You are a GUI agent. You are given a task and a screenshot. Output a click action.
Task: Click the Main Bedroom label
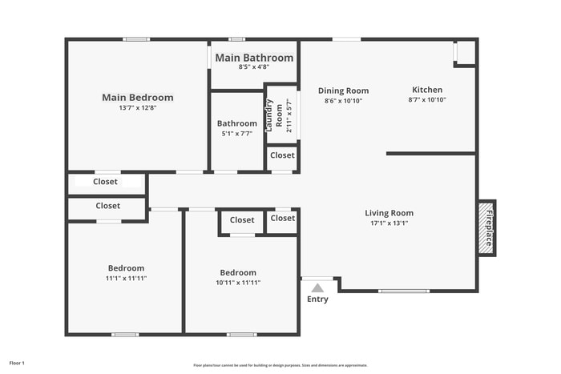(137, 98)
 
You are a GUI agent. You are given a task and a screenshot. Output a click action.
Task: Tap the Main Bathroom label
(254, 58)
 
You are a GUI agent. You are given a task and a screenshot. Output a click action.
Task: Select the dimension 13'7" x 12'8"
(137, 108)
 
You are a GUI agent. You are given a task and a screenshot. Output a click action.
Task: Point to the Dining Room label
(343, 90)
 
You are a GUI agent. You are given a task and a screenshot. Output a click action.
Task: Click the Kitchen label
(427, 90)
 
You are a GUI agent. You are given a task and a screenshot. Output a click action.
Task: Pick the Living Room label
(389, 213)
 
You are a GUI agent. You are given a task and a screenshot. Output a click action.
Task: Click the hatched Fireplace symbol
(486, 228)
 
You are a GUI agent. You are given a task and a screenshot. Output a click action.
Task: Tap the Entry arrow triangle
(317, 288)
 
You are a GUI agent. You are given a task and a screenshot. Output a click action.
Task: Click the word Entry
(317, 300)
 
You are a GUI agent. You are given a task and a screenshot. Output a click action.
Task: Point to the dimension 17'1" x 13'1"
(389, 223)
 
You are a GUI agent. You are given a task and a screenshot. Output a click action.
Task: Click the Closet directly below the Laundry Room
(282, 155)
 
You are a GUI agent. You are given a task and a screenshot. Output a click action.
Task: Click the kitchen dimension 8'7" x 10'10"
(427, 100)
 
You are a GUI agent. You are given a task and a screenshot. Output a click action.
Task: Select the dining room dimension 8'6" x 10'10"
(343, 101)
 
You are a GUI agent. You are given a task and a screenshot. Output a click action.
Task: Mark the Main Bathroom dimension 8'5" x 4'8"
(254, 67)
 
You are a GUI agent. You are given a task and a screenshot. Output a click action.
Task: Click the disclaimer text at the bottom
(280, 364)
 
